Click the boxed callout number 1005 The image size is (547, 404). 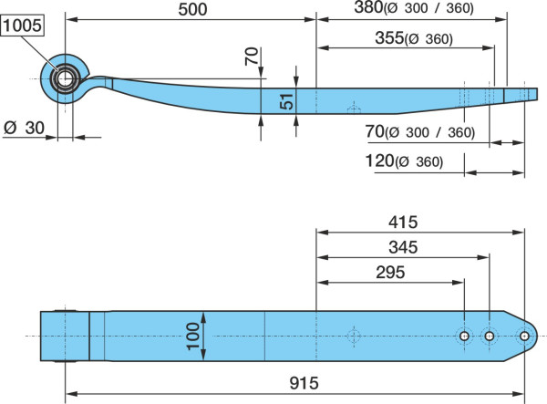[23, 26]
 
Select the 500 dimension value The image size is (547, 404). [192, 9]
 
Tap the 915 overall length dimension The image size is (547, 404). [304, 383]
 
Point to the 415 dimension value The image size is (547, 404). [403, 223]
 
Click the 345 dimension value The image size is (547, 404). [403, 247]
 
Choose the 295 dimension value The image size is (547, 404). [390, 273]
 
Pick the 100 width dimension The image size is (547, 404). [193, 336]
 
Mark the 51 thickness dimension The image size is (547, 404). [287, 101]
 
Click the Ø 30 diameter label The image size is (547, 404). [24, 128]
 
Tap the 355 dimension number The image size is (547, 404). [389, 37]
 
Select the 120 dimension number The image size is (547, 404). [379, 161]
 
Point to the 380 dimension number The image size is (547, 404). [368, 7]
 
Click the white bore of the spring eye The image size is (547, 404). [66, 78]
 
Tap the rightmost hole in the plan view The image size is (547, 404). [524, 337]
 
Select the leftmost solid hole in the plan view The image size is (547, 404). [464, 337]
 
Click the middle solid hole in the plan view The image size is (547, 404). [490, 337]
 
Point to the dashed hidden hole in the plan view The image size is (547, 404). [354, 337]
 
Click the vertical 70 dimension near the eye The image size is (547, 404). [252, 56]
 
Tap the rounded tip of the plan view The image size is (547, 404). [537, 336]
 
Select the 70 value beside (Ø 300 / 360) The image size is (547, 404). [375, 131]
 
